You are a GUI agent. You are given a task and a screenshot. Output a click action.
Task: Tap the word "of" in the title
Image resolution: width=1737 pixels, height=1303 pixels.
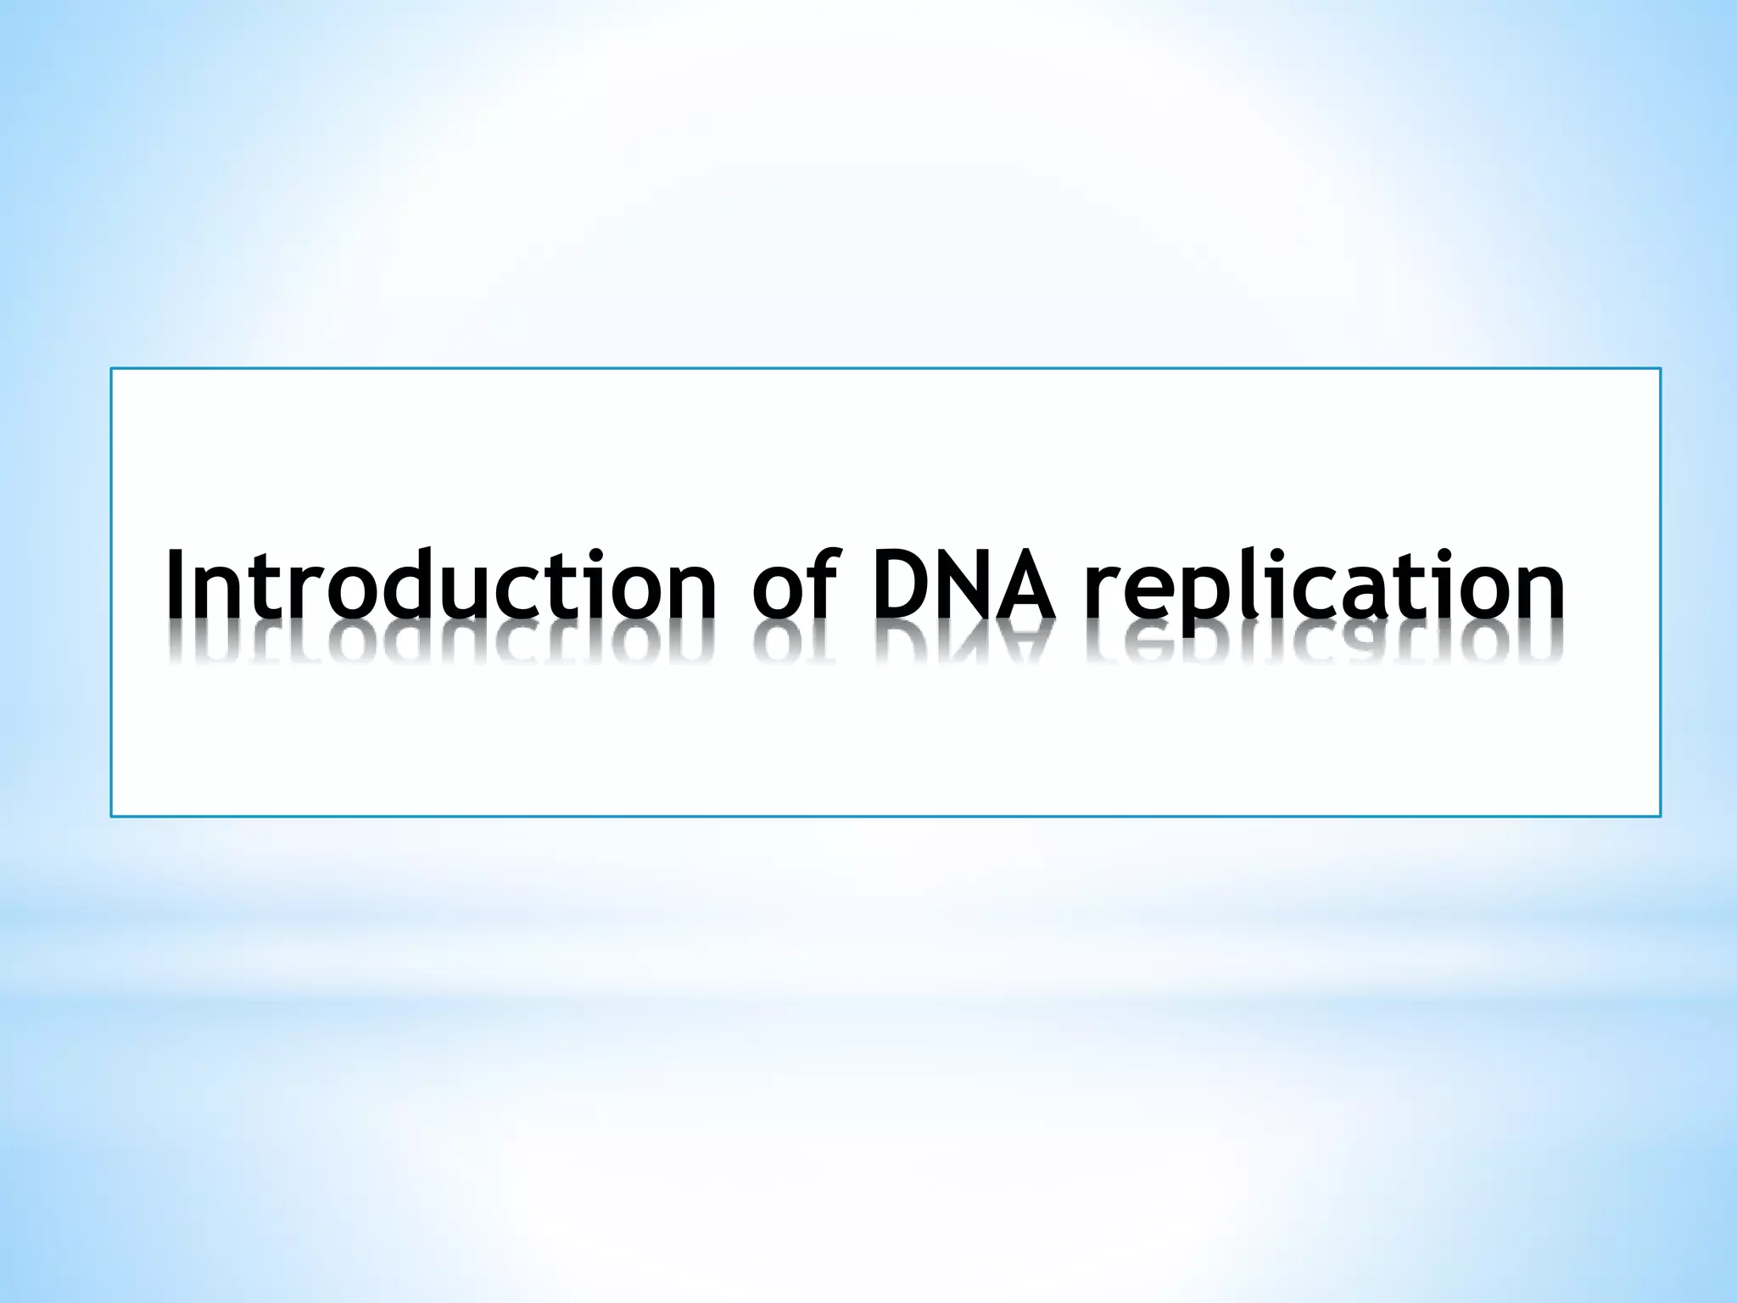coord(793,585)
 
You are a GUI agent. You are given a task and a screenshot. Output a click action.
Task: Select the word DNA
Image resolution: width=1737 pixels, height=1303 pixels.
coord(964,585)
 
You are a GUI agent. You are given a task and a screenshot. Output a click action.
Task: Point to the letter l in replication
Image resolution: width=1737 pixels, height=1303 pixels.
coord(1237,581)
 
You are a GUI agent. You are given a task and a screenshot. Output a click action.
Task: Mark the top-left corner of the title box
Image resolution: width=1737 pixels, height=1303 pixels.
coord(111,369)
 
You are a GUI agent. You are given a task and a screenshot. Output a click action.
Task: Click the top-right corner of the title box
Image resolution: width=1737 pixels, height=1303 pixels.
coord(1660,369)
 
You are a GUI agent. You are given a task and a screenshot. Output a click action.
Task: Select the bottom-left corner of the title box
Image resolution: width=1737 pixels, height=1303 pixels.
coord(111,816)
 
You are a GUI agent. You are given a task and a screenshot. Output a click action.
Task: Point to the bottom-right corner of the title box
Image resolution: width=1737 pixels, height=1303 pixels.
coord(1660,816)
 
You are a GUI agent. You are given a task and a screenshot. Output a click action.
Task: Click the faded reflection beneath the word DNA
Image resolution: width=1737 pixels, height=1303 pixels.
coord(964,645)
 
